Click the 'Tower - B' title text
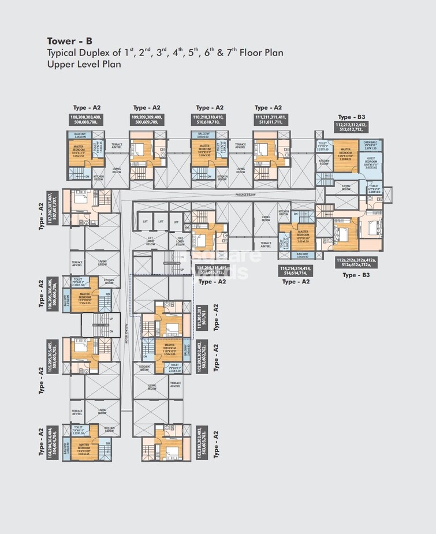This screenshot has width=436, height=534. click(x=69, y=41)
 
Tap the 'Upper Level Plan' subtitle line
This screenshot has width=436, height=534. click(x=84, y=65)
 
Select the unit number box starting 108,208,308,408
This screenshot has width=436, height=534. click(x=85, y=120)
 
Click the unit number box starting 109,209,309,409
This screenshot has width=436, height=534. click(x=147, y=120)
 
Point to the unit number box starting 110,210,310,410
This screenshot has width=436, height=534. click(x=210, y=120)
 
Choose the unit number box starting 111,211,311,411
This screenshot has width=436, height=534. click(x=269, y=120)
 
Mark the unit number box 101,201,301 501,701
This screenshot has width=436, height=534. click(x=202, y=318)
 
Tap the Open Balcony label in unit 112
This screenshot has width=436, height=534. click(x=370, y=144)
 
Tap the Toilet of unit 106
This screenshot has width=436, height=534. click(x=79, y=282)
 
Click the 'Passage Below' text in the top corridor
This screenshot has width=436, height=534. click(x=247, y=195)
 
